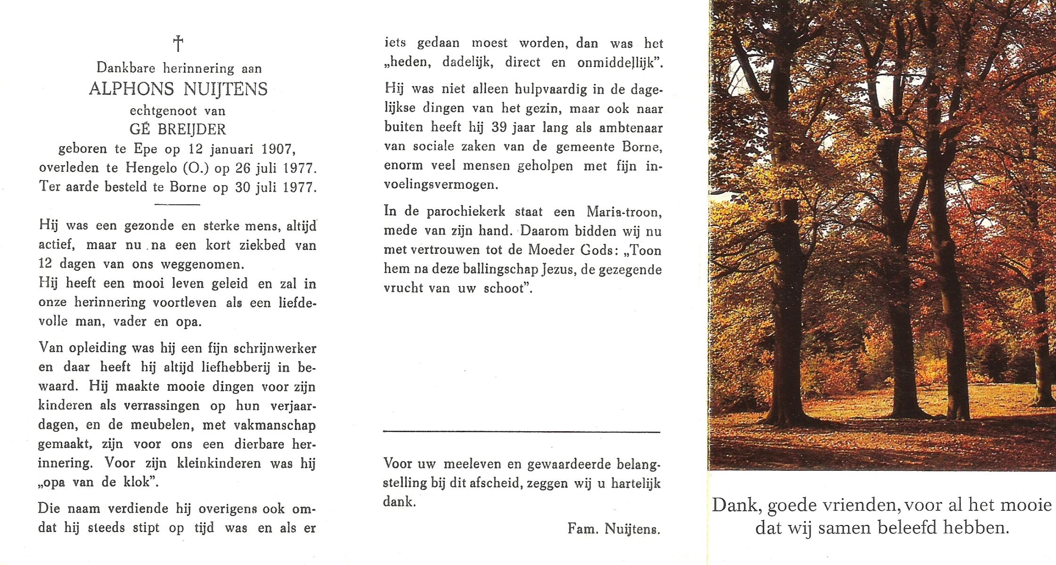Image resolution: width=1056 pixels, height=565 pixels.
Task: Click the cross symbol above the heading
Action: point(178,44)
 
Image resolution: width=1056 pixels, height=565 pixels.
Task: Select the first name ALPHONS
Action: point(131,89)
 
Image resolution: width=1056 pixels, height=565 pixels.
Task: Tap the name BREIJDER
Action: point(192,129)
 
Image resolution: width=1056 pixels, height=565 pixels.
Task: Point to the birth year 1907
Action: point(278,149)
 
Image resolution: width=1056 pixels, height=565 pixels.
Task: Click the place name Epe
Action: point(146,149)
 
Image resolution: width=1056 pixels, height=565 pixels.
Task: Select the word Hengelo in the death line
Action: point(146,168)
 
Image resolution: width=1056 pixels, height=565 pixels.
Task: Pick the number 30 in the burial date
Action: point(242,187)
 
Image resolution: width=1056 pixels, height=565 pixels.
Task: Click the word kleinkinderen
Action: point(219,463)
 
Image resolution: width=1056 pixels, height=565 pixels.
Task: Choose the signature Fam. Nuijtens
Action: point(614,529)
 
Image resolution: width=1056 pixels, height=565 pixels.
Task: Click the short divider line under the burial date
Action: point(177,204)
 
